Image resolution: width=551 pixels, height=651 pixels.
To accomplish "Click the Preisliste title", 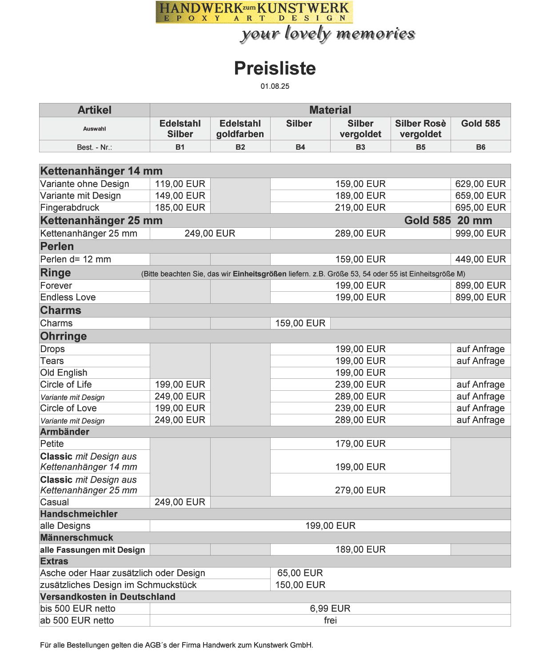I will point(275,68).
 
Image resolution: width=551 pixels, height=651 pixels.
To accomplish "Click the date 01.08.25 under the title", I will point(275,86).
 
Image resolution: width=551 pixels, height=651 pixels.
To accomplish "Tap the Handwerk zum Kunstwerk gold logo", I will point(254,12).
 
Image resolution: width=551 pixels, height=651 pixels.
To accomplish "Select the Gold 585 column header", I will point(480,123).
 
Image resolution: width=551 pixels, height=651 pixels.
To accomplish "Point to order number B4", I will point(300,147).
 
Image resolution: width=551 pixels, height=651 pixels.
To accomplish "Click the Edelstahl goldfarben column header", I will point(240,129).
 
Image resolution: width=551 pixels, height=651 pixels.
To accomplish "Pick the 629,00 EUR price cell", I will point(480,184).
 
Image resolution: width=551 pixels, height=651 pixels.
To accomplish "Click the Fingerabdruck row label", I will point(70,207).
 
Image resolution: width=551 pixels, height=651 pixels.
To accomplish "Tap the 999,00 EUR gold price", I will point(480,234).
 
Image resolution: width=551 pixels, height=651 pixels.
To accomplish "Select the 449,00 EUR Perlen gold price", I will point(480,259).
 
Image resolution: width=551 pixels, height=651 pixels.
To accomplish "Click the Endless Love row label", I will point(68,298).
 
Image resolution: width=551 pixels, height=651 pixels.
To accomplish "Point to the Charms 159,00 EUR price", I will point(300,323).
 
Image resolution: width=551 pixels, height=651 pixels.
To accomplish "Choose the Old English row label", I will point(64,373).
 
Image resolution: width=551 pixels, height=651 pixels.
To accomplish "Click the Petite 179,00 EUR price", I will point(360,444).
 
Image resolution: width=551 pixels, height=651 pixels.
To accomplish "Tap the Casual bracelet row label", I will point(55,502).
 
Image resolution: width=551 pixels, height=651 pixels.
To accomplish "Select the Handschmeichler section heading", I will point(79,514).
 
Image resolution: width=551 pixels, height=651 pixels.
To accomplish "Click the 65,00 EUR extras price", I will point(300,573).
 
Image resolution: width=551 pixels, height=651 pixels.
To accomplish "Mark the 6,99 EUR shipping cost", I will point(330,609).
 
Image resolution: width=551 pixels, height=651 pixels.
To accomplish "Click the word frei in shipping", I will point(330,620).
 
